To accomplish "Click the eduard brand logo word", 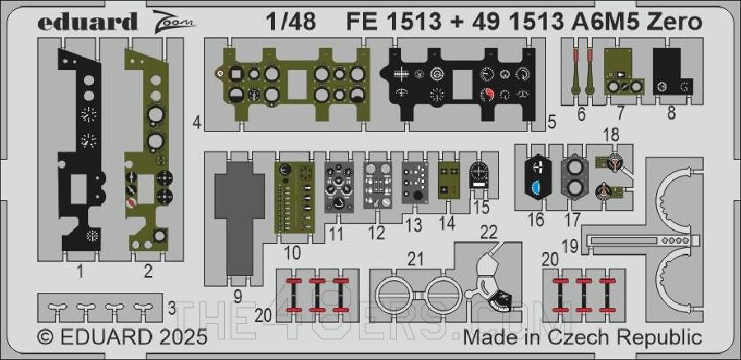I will coord(86,22).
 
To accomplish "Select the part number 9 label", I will coord(237,294).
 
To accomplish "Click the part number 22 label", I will coord(488,233).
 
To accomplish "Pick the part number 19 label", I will coord(568,245).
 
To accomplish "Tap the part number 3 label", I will coord(170,308).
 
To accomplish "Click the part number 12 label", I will coord(376,232).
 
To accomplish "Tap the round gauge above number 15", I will coord(480,175).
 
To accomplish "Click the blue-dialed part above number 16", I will coord(535,175).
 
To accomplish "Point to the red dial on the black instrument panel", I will coord(492,96).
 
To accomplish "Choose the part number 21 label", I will coord(416,258).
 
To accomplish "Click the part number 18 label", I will coord(610,135).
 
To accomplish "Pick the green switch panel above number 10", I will coord(295,195).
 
